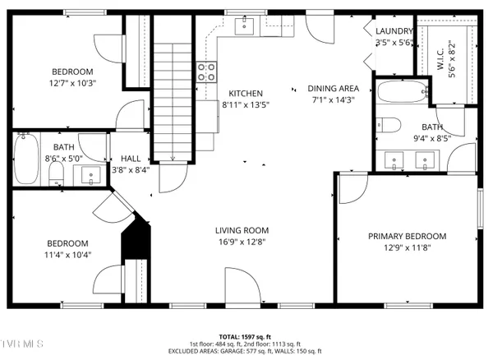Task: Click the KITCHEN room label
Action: pos(246,93)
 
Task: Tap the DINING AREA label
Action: pos(333,88)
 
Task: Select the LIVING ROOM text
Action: pos(242,230)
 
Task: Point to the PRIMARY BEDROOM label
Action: pos(407,236)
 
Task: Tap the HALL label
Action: pos(130,159)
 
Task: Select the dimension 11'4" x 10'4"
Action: pos(67,255)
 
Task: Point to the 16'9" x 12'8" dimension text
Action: pos(242,242)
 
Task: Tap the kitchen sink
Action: pos(245,27)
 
